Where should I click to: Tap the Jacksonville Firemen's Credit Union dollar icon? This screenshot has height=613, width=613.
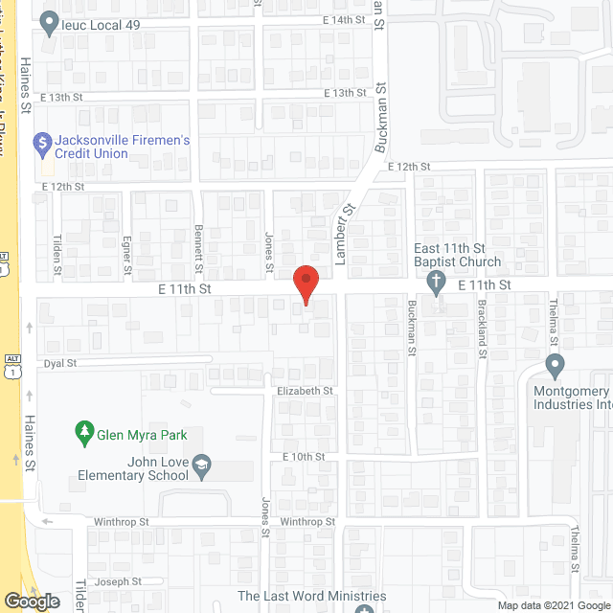pos(42,146)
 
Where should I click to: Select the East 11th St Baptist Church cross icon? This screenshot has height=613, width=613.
pos(436,283)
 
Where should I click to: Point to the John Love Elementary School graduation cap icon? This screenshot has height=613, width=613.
pos(201,467)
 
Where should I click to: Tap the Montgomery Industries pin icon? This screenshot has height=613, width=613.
pos(555,366)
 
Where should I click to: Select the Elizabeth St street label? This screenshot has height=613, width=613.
pos(304,391)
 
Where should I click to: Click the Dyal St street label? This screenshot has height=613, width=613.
pos(59,364)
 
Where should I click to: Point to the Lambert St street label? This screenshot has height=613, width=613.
pos(341,234)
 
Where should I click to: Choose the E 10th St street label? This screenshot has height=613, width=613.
pos(304,457)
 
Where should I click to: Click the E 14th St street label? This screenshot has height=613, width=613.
pos(345,19)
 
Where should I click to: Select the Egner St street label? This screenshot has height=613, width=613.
pos(126,255)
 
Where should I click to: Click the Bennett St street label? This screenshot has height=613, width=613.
pos(199,247)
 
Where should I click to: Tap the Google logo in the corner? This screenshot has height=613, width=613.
pos(32,601)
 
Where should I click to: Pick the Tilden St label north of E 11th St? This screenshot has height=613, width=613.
pos(57,255)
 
